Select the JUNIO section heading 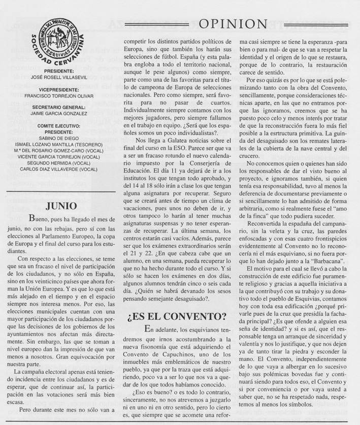click(x=61, y=207)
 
